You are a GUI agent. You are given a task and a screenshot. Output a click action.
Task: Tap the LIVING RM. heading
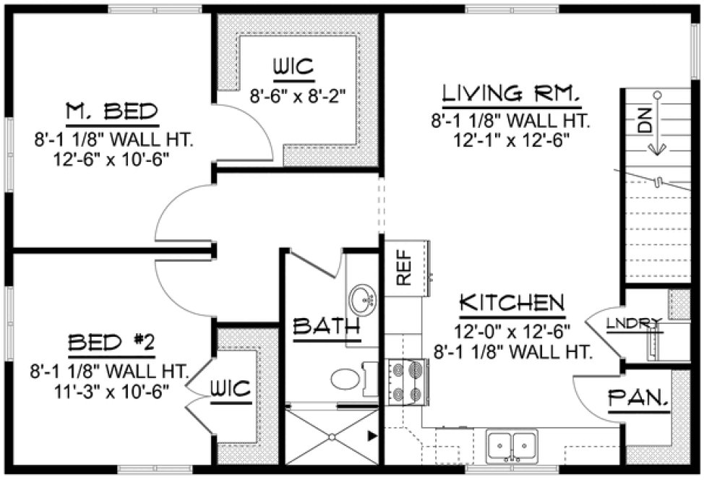click(511, 93)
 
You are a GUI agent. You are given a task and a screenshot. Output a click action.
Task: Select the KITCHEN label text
click(511, 302)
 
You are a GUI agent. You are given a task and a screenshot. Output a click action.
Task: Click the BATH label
click(326, 326)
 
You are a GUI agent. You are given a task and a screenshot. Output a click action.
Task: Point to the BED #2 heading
click(111, 342)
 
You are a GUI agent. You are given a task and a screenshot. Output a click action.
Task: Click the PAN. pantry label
click(637, 397)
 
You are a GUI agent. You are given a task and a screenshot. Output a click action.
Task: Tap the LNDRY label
click(634, 322)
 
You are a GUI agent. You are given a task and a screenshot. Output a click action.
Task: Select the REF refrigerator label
click(402, 268)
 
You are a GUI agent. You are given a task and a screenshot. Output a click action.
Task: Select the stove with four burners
click(406, 381)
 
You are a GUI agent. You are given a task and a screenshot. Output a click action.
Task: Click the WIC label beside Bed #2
click(231, 389)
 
